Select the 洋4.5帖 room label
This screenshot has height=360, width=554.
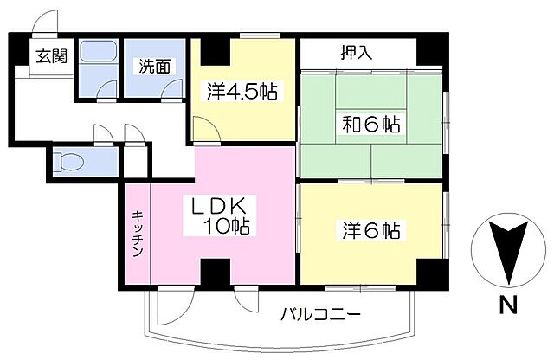242,90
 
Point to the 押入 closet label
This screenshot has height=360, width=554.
356,52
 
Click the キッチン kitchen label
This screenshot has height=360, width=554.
137,233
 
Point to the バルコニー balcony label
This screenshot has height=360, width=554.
319,314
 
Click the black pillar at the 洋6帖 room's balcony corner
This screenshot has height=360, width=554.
430,275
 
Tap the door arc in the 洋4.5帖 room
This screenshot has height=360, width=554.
204,129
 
